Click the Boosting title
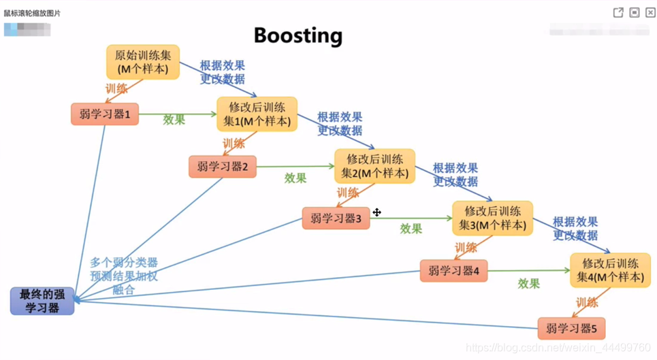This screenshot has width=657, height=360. [x=298, y=35]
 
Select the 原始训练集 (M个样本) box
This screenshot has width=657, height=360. [x=143, y=62]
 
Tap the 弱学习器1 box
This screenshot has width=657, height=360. [x=105, y=114]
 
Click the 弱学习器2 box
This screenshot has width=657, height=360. [x=223, y=167]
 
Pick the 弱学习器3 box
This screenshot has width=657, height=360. [x=336, y=218]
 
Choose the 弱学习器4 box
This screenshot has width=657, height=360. [x=453, y=271]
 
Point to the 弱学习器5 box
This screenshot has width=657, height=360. [x=571, y=329]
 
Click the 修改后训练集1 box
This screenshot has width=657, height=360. [x=257, y=114]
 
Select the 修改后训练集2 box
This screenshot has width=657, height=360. [x=374, y=166]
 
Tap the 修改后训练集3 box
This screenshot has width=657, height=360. [x=492, y=218]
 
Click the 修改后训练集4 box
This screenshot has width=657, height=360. [x=610, y=270]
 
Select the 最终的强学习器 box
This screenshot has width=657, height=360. [x=42, y=301]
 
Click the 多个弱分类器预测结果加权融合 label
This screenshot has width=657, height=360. [x=124, y=276]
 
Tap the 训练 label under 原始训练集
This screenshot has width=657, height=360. [x=116, y=88]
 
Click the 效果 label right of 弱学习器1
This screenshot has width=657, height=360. [x=174, y=120]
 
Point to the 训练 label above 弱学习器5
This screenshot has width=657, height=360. [x=587, y=302]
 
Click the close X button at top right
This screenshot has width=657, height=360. [x=650, y=12]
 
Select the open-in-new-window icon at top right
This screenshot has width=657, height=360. [x=618, y=12]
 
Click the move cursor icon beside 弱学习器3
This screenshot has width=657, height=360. [x=376, y=212]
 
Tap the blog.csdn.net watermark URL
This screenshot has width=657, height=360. [x=558, y=348]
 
